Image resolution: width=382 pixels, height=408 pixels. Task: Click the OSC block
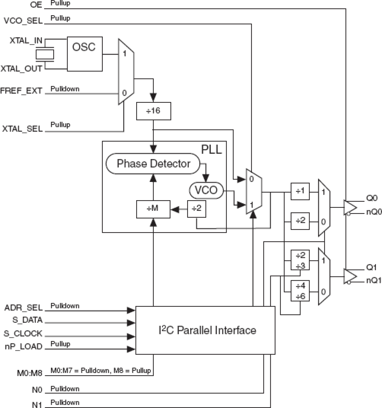(85, 54)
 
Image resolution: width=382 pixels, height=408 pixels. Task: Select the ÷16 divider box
(154, 111)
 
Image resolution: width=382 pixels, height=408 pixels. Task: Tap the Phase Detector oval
(153, 164)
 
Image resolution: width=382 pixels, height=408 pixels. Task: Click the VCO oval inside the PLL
(206, 190)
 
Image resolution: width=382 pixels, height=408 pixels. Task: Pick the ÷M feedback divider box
(153, 209)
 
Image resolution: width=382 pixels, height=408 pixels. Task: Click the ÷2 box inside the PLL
(196, 209)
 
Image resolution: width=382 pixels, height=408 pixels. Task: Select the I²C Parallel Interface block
(205, 330)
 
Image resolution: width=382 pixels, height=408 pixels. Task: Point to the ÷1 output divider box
(300, 191)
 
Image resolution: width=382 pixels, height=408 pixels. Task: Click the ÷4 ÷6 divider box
(300, 291)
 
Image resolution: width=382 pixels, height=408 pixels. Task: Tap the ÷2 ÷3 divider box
(300, 260)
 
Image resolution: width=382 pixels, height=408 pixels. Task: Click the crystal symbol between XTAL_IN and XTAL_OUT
(45, 54)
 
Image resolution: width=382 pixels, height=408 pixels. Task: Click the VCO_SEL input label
(23, 21)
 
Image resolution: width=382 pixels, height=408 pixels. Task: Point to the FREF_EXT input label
(21, 91)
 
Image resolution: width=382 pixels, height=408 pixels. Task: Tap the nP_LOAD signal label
(23, 347)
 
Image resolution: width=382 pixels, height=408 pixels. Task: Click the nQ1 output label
(374, 281)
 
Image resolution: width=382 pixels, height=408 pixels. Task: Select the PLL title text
(212, 149)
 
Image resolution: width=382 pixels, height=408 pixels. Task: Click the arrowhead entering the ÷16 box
(154, 97)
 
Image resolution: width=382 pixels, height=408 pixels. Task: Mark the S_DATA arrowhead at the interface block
(131, 323)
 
